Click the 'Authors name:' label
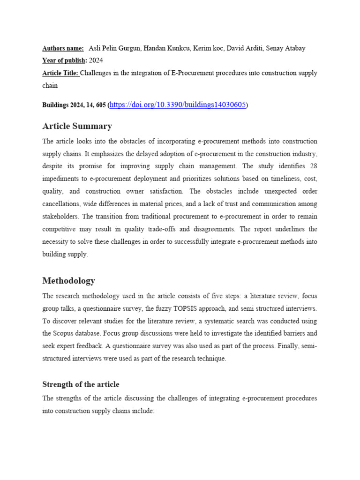63,48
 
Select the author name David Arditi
247,48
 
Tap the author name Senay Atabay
287,48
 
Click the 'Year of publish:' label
65,60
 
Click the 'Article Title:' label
61,73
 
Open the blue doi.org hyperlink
178,105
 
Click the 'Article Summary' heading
77,126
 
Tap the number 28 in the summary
313,166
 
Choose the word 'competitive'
61,229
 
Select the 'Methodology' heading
68,281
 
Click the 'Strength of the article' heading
81,384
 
